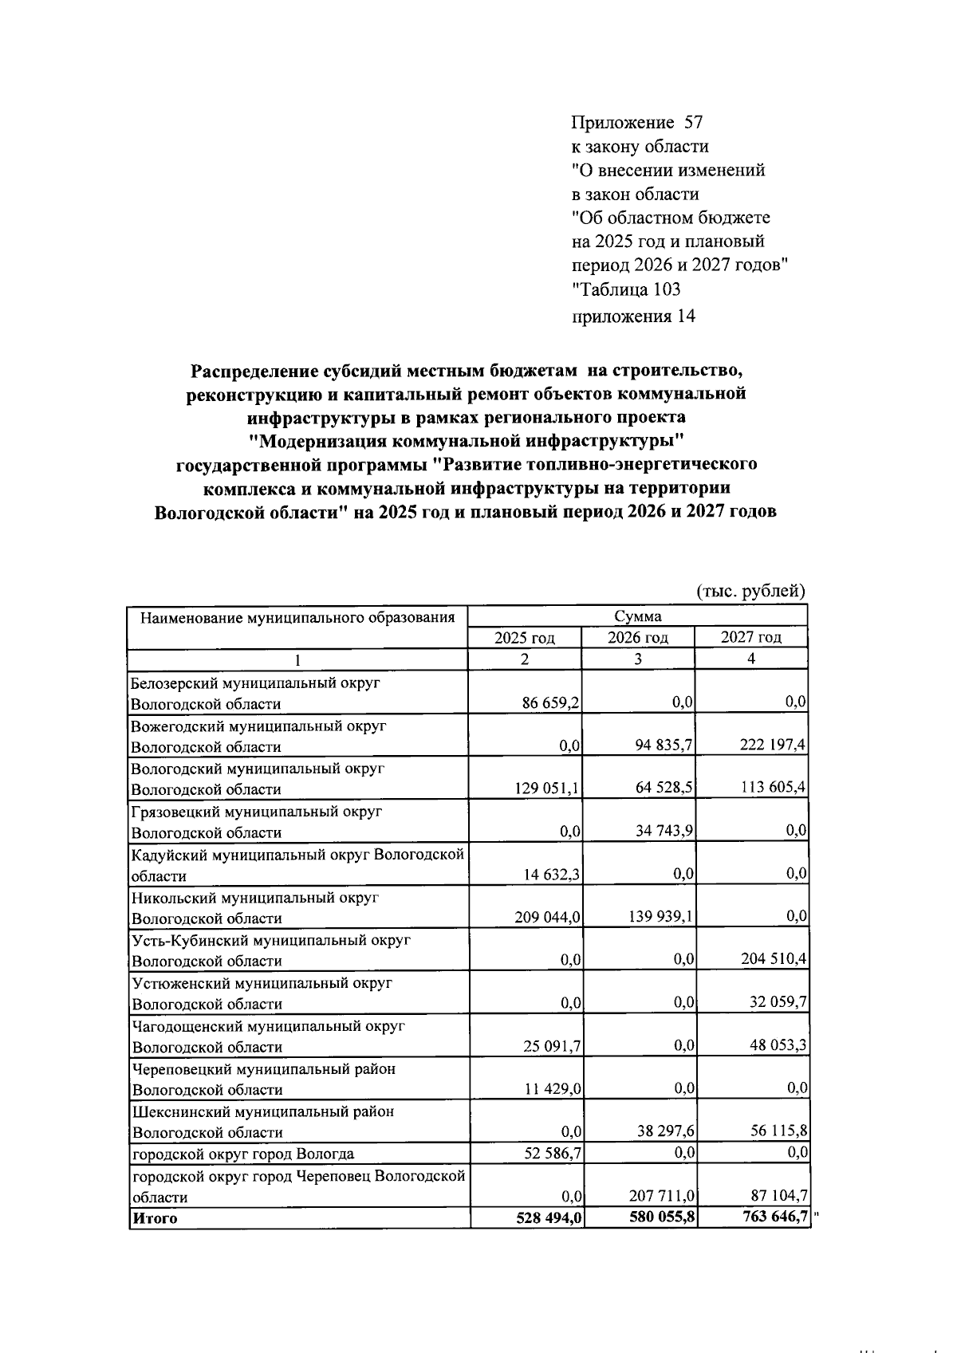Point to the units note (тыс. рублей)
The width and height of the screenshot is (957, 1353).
(x=751, y=592)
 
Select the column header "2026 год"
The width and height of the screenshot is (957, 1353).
(x=638, y=638)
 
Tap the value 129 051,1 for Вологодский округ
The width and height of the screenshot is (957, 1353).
(x=547, y=789)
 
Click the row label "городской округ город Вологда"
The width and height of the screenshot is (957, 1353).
(x=243, y=1154)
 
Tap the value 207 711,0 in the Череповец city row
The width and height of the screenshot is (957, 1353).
(x=661, y=1196)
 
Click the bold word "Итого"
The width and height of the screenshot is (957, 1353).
(x=156, y=1218)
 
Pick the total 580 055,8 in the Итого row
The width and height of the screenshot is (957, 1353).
(x=660, y=1217)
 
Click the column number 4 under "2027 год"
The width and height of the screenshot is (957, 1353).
(x=751, y=659)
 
